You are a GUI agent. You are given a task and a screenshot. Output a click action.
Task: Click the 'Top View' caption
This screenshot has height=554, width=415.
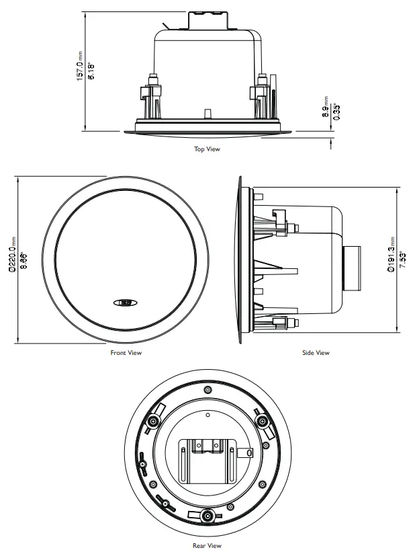pos(207,149)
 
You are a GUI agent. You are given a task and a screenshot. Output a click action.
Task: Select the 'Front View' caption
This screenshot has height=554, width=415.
pos(126,352)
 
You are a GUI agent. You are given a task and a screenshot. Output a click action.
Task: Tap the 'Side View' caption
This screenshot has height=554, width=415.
pos(316,352)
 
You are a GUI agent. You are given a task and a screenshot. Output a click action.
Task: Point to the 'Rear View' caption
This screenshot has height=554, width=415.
pos(207,546)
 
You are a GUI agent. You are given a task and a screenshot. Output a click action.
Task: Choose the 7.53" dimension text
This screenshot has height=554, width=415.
pos(402,259)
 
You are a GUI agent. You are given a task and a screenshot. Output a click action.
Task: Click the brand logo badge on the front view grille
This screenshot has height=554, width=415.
pos(126,302)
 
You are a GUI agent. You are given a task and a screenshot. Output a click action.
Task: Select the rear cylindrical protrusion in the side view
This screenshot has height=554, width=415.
pos(353,268)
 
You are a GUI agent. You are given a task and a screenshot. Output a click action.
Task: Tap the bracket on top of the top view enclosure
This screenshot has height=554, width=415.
pos(207,19)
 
